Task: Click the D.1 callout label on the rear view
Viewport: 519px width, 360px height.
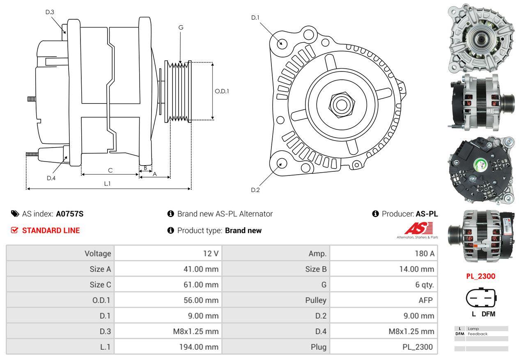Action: pos(255,18)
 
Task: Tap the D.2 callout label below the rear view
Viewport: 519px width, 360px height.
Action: pos(255,190)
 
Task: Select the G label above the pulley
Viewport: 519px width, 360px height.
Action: pos(181,28)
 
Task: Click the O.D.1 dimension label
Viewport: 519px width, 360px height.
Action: pos(222,91)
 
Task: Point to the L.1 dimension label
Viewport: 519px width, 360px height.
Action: pos(107,184)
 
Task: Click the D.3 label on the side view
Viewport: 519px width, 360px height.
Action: pos(50,12)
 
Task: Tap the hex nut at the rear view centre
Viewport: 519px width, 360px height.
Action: pos(340,105)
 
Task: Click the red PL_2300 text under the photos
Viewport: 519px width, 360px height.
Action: pos(480,276)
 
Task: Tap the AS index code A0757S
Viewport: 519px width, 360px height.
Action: pos(70,214)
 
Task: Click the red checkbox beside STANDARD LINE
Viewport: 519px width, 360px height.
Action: pos(15,230)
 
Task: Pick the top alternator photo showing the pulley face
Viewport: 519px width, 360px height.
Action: pos(480,38)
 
